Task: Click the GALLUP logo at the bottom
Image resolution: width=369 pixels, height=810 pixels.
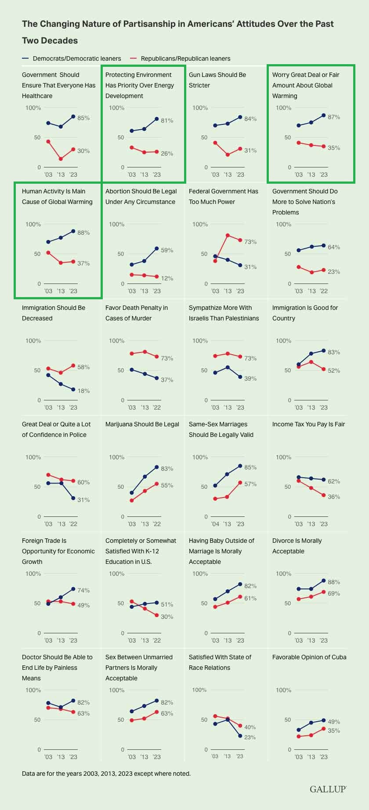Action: tap(328, 789)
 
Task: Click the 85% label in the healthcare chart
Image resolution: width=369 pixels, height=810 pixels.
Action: tap(83, 118)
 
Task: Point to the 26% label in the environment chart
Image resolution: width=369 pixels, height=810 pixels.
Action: tap(167, 153)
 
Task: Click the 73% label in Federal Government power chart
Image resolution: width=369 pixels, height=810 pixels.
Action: tap(250, 242)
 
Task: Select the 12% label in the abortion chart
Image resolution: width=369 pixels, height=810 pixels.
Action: tap(167, 278)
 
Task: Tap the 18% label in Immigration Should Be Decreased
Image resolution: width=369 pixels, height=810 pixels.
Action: tap(83, 391)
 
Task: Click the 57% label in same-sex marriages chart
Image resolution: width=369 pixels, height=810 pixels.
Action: tap(250, 484)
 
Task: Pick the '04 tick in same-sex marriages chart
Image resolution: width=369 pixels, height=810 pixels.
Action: tap(215, 524)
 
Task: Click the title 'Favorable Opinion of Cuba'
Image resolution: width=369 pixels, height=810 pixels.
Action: tap(309, 657)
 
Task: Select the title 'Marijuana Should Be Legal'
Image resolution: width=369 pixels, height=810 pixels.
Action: tap(142, 424)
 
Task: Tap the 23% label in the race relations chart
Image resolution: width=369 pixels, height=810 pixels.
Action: tap(250, 737)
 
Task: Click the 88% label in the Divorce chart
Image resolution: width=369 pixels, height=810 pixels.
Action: tap(334, 582)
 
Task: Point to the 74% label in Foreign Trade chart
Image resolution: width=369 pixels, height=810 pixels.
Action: tap(83, 590)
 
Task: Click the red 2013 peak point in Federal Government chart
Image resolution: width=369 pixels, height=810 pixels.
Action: tap(228, 236)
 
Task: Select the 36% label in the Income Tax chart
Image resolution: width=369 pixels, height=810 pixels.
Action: tap(334, 497)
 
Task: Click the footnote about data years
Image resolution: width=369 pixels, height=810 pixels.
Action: tap(106, 773)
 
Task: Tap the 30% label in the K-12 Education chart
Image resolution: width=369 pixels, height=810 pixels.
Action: tap(167, 617)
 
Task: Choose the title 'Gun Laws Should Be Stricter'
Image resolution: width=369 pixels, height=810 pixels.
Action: tap(217, 80)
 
